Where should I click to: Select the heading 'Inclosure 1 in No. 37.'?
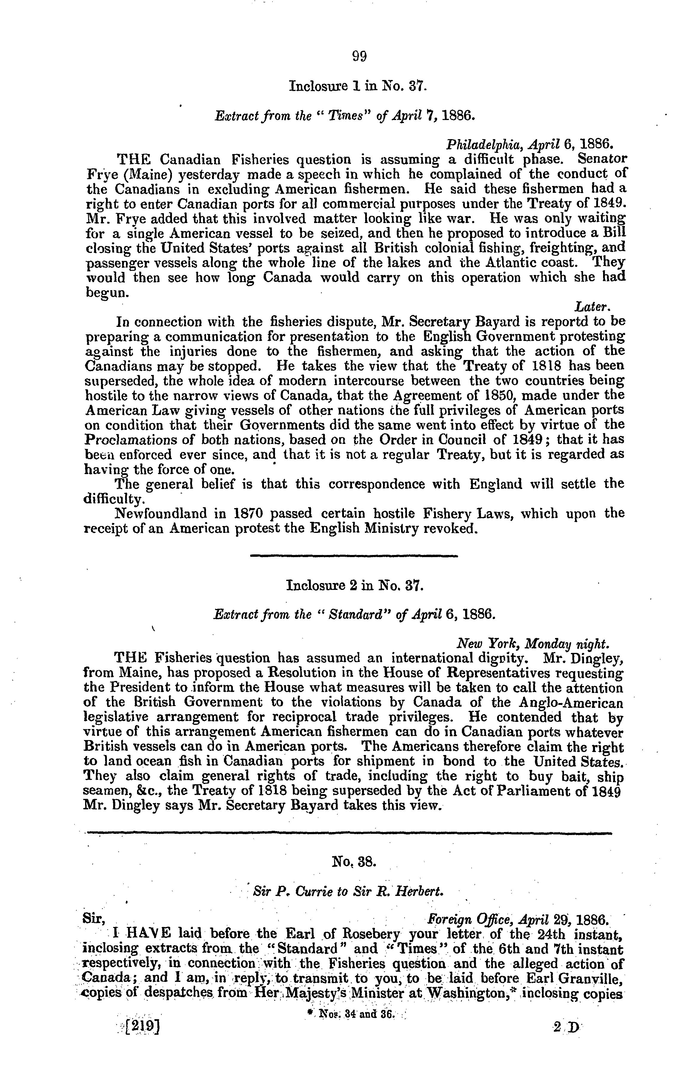(x=357, y=85)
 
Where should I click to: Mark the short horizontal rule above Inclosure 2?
(x=353, y=557)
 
